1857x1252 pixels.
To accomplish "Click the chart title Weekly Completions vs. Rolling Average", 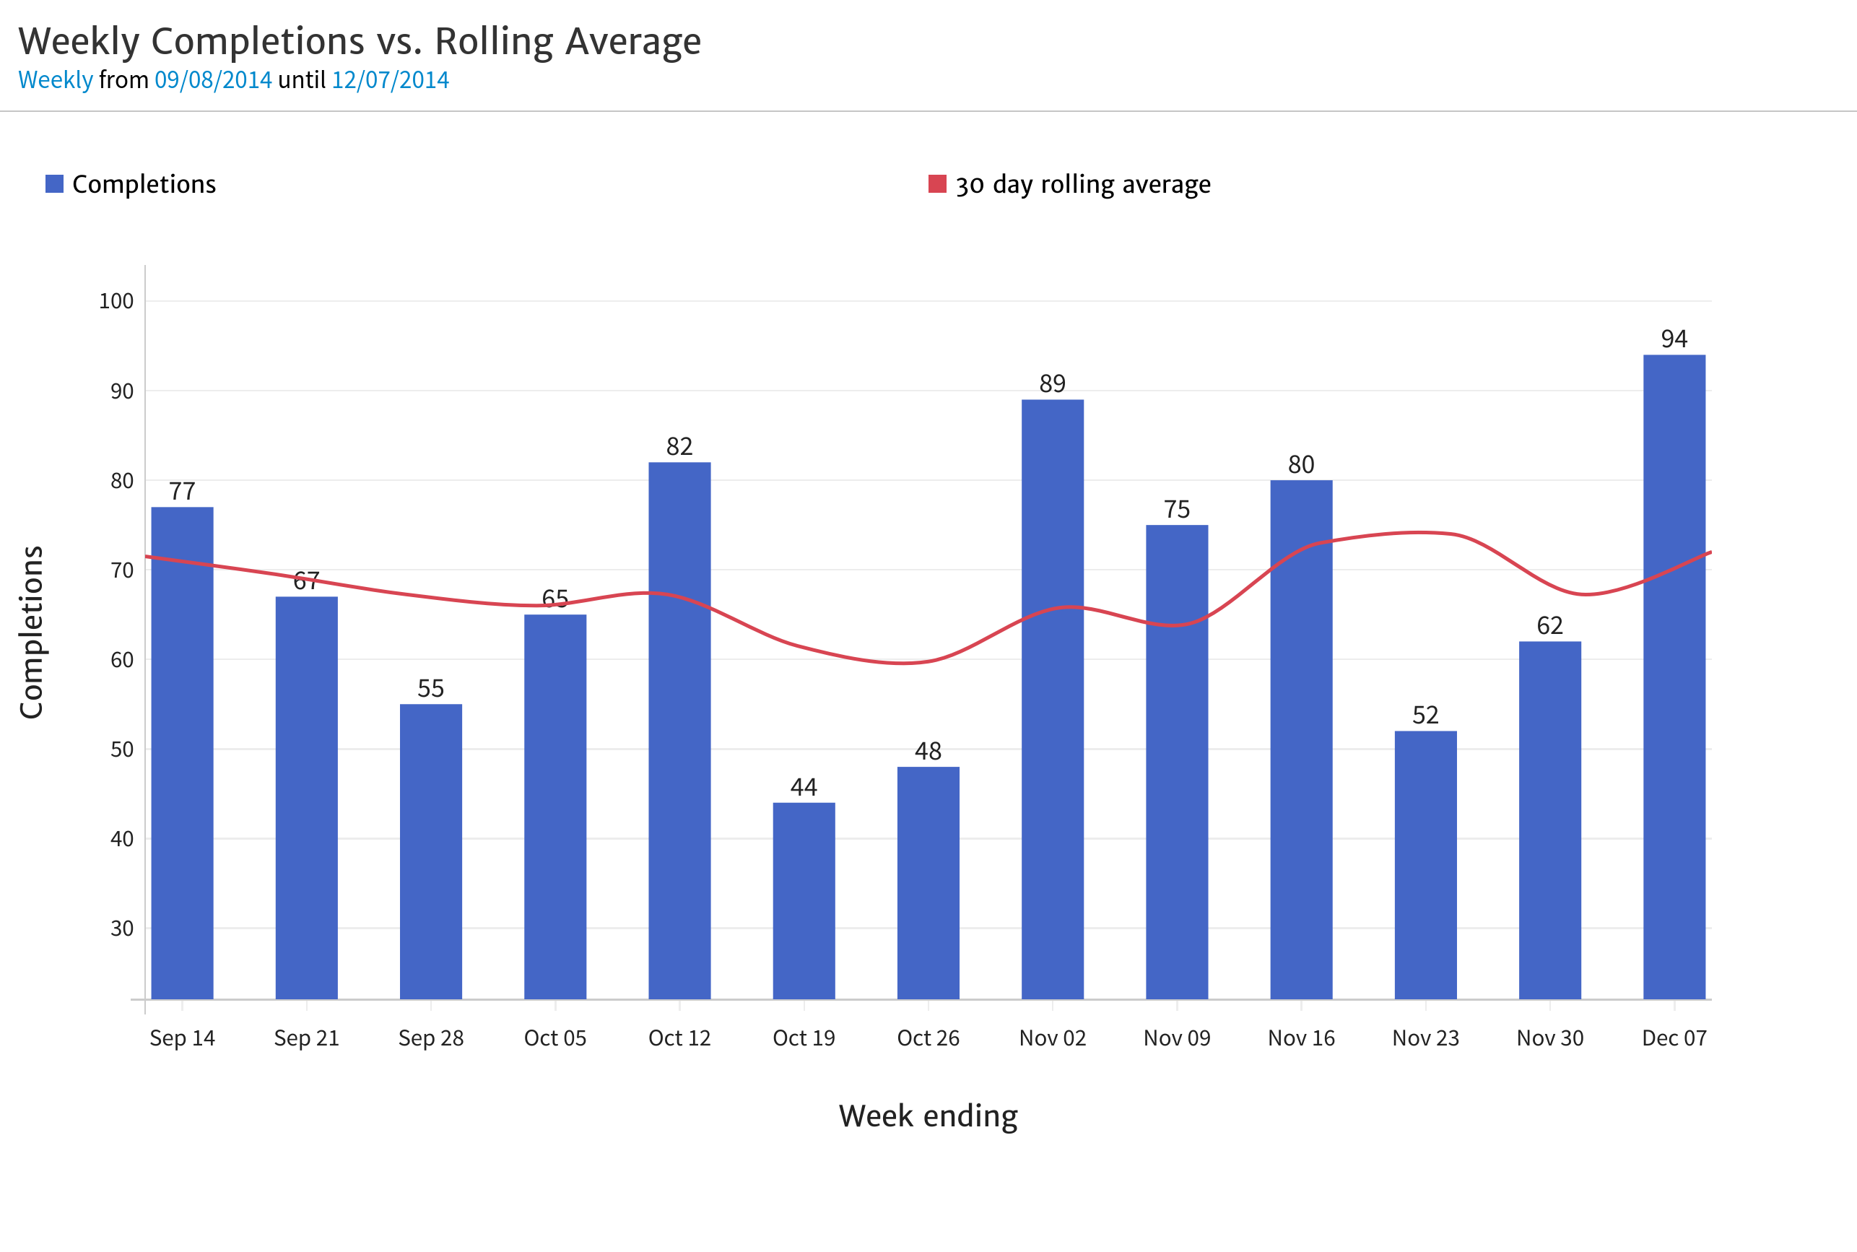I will [360, 42].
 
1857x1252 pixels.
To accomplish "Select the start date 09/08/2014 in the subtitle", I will [213, 80].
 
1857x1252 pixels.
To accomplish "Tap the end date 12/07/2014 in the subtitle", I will [391, 80].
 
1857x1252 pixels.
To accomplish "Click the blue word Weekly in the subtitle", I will [56, 80].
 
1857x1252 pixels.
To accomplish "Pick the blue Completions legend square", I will [54, 183].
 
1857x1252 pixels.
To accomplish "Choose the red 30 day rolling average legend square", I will [937, 183].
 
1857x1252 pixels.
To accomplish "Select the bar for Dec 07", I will [1674, 679].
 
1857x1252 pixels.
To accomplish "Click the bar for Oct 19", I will [804, 903].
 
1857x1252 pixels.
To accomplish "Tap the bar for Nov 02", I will [1052, 703].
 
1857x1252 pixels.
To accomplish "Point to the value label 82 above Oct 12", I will [679, 446].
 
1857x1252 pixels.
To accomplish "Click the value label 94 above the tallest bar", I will [1674, 339].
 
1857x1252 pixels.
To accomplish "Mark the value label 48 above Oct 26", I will [928, 752].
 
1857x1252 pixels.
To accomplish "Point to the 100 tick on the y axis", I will [116, 301].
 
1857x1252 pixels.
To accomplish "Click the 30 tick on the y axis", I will [122, 929].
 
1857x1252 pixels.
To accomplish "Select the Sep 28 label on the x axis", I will [431, 1038].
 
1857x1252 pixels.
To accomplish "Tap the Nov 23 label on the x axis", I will [1426, 1038].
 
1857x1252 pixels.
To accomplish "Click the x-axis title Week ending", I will [928, 1116].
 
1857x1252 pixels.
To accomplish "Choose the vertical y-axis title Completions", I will [31, 632].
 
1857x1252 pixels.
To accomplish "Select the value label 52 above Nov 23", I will [1426, 716].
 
